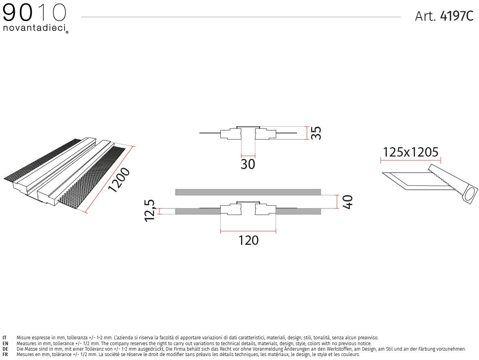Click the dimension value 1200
pyautogui.click(x=119, y=180)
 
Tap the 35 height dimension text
pyautogui.click(x=316, y=133)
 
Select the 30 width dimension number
pyautogui.click(x=248, y=164)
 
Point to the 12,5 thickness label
pyautogui.click(x=150, y=211)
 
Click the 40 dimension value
pyautogui.click(x=347, y=202)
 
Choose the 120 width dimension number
pyautogui.click(x=248, y=241)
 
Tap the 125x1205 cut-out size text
pyautogui.click(x=411, y=152)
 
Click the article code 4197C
pyautogui.click(x=457, y=16)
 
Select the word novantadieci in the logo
pyautogui.click(x=34, y=28)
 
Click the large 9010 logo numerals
pyautogui.click(x=34, y=13)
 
